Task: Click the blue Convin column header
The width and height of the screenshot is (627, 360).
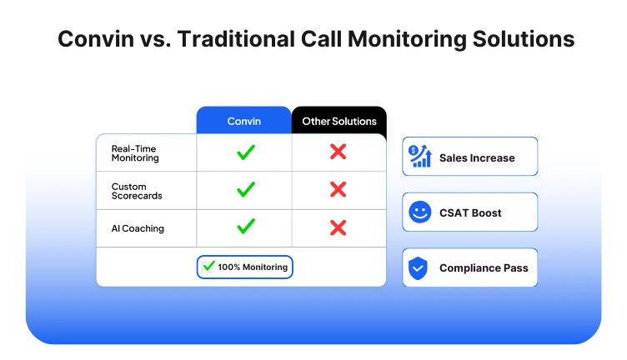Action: (244, 121)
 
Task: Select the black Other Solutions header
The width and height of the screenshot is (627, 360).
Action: (339, 121)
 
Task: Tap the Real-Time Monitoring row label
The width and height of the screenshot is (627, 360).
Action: (135, 152)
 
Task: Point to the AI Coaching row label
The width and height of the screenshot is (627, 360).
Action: (138, 228)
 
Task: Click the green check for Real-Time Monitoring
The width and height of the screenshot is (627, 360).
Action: (245, 152)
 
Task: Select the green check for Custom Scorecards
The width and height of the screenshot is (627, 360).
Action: (245, 190)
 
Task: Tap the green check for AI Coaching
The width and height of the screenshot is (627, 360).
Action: (245, 227)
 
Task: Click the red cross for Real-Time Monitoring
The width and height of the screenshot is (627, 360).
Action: (338, 152)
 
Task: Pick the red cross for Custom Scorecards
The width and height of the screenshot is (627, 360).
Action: (338, 190)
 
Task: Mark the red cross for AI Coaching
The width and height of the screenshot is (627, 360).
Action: (338, 227)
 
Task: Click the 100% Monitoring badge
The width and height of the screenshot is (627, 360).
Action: (245, 267)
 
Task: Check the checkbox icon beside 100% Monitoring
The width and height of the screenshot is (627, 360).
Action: (208, 267)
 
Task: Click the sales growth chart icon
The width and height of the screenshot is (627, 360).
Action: (420, 157)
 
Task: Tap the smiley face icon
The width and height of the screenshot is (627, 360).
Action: (419, 212)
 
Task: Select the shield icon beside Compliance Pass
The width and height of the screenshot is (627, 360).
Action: (419, 268)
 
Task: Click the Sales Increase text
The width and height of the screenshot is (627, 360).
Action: (477, 157)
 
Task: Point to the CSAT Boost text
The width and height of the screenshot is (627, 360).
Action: (470, 213)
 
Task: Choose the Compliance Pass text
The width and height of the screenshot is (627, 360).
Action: (484, 268)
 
